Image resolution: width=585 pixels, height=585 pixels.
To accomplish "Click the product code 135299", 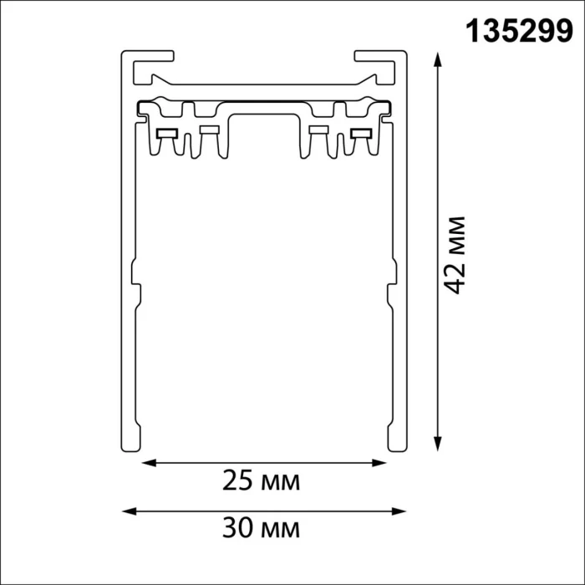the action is (519, 32).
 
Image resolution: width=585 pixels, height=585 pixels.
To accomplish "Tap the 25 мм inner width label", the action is (261, 481).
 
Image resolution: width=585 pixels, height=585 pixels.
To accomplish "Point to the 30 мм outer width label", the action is (261, 528).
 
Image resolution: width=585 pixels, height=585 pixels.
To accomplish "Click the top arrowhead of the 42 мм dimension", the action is (438, 59).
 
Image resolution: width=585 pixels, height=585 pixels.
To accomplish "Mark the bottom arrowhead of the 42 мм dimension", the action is (438, 444).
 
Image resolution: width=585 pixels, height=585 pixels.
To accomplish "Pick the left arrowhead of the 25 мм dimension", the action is (149, 463).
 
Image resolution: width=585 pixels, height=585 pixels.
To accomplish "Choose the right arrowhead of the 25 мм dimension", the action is (379, 463).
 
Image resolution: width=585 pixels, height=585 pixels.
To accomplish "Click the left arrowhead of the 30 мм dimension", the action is (129, 511).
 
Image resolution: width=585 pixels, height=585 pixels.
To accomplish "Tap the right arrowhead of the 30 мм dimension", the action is (399, 511).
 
